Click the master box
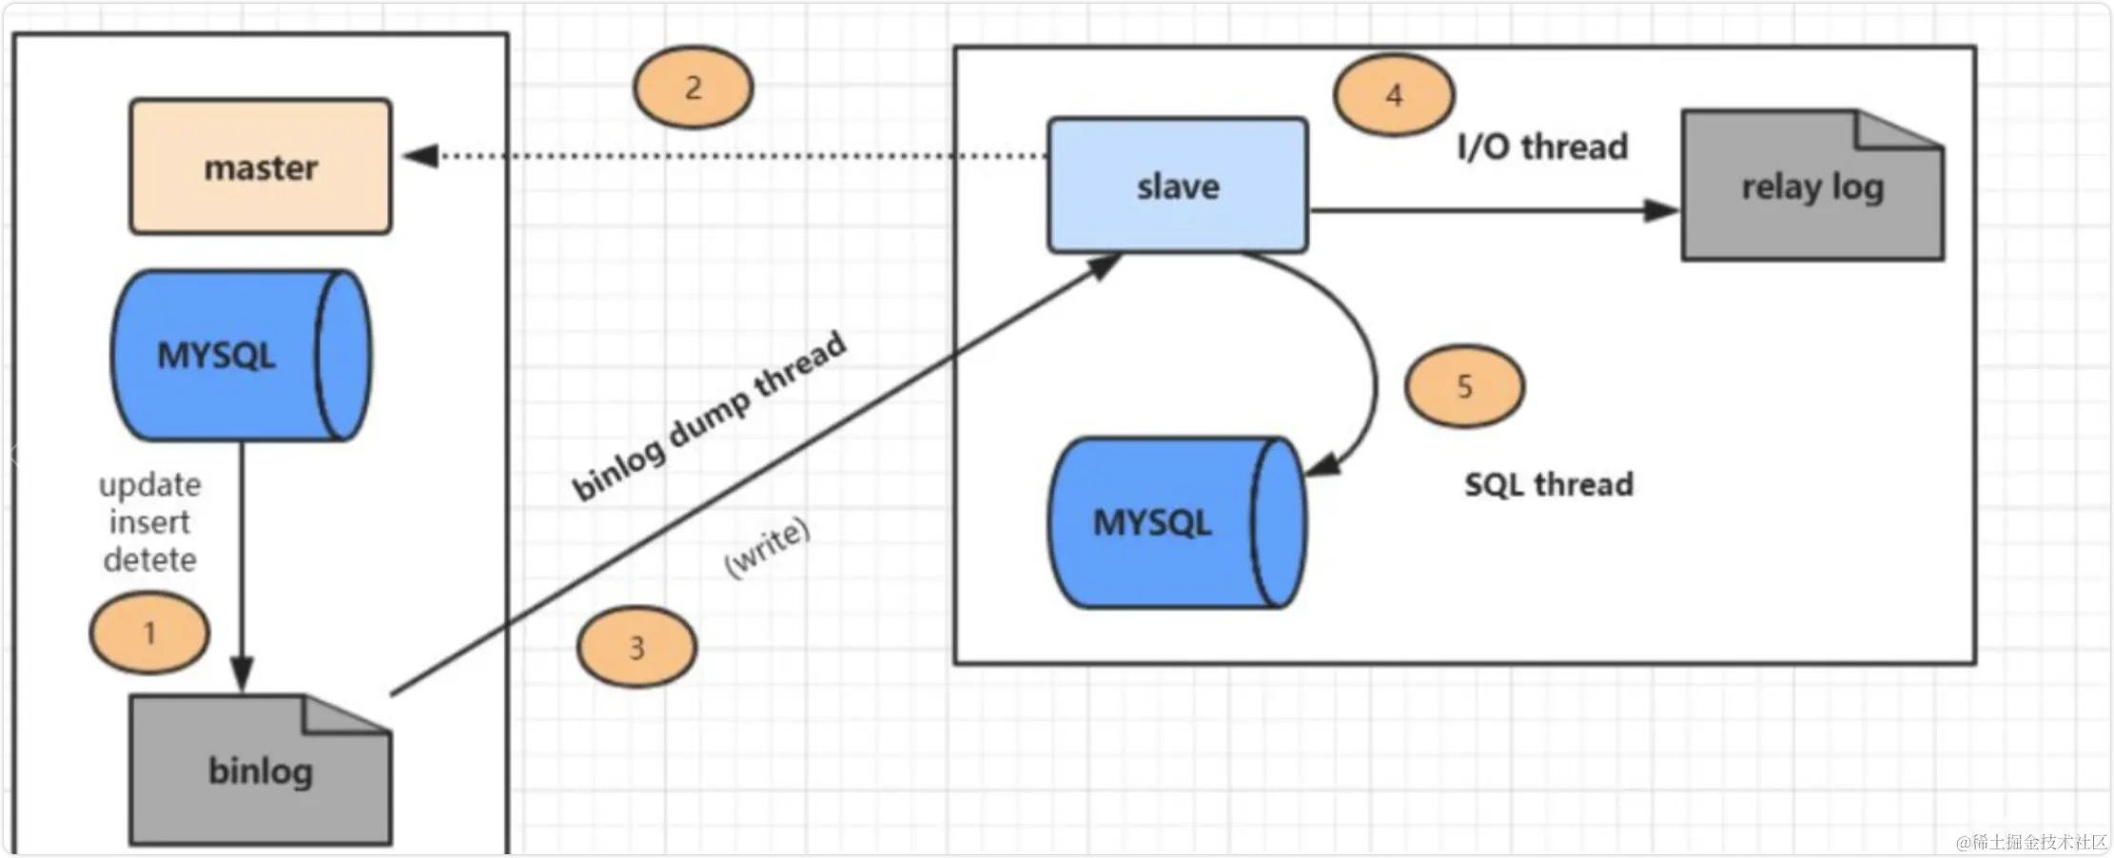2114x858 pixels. [261, 166]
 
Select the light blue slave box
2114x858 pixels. [1178, 185]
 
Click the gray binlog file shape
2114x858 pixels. [260, 771]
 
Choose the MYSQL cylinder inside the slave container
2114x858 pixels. [1176, 522]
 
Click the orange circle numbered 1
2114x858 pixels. [149, 633]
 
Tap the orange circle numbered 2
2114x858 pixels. [694, 88]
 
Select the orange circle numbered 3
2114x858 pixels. [637, 648]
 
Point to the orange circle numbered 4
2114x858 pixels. [1394, 95]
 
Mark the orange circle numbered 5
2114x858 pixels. [1464, 386]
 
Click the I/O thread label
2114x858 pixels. [1542, 147]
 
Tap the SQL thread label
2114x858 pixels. [1548, 485]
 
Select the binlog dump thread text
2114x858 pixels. [709, 416]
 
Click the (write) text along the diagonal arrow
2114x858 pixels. [767, 548]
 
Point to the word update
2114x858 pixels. [150, 485]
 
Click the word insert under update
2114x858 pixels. [149, 522]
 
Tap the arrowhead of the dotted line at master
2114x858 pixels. [421, 155]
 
